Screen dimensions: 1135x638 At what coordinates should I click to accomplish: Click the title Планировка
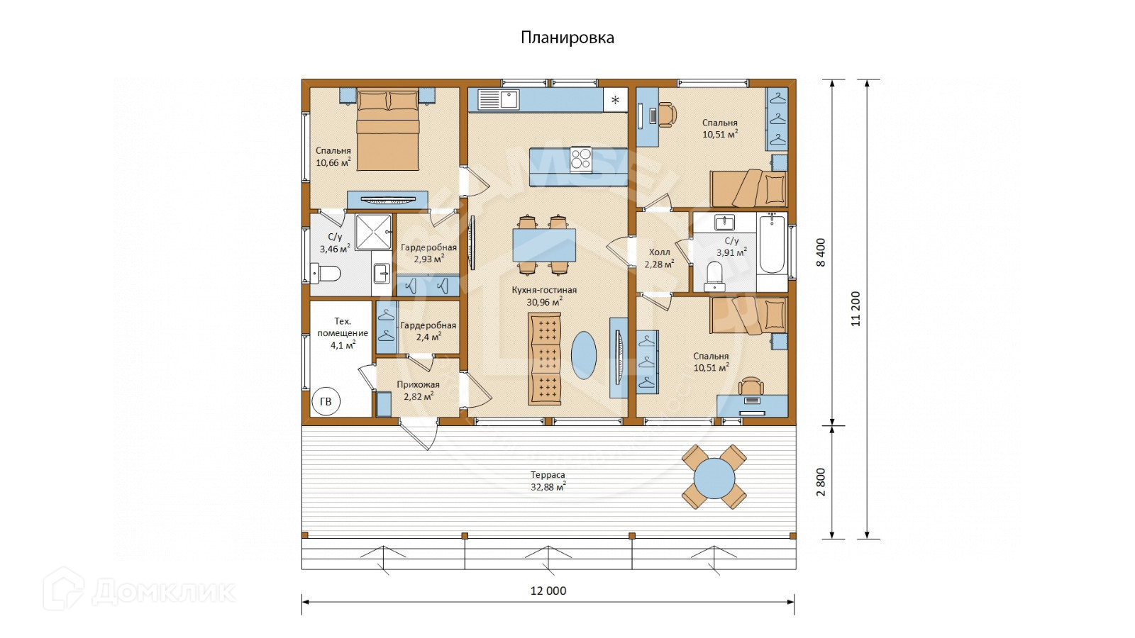567,38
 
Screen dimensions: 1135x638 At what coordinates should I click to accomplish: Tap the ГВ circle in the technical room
326,401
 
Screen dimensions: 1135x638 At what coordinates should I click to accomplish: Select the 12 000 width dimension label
548,591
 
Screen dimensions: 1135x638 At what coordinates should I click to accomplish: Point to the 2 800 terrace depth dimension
821,482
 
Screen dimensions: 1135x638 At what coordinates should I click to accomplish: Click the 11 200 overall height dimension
856,308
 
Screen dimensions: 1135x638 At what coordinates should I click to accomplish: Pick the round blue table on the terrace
714,478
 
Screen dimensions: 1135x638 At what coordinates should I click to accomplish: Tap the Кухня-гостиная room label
544,290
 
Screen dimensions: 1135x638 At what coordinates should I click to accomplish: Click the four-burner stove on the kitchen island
581,159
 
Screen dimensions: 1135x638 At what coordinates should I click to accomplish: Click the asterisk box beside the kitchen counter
615,100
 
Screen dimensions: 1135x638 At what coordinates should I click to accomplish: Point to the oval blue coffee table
584,355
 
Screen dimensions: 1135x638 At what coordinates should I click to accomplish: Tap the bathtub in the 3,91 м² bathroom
773,244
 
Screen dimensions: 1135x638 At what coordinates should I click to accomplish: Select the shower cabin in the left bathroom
374,233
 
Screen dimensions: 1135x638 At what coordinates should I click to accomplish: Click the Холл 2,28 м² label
659,258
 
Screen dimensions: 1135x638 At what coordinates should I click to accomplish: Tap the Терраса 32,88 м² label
548,481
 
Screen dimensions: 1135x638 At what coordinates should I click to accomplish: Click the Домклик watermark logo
139,589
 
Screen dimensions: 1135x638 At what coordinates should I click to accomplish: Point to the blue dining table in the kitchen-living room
544,245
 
